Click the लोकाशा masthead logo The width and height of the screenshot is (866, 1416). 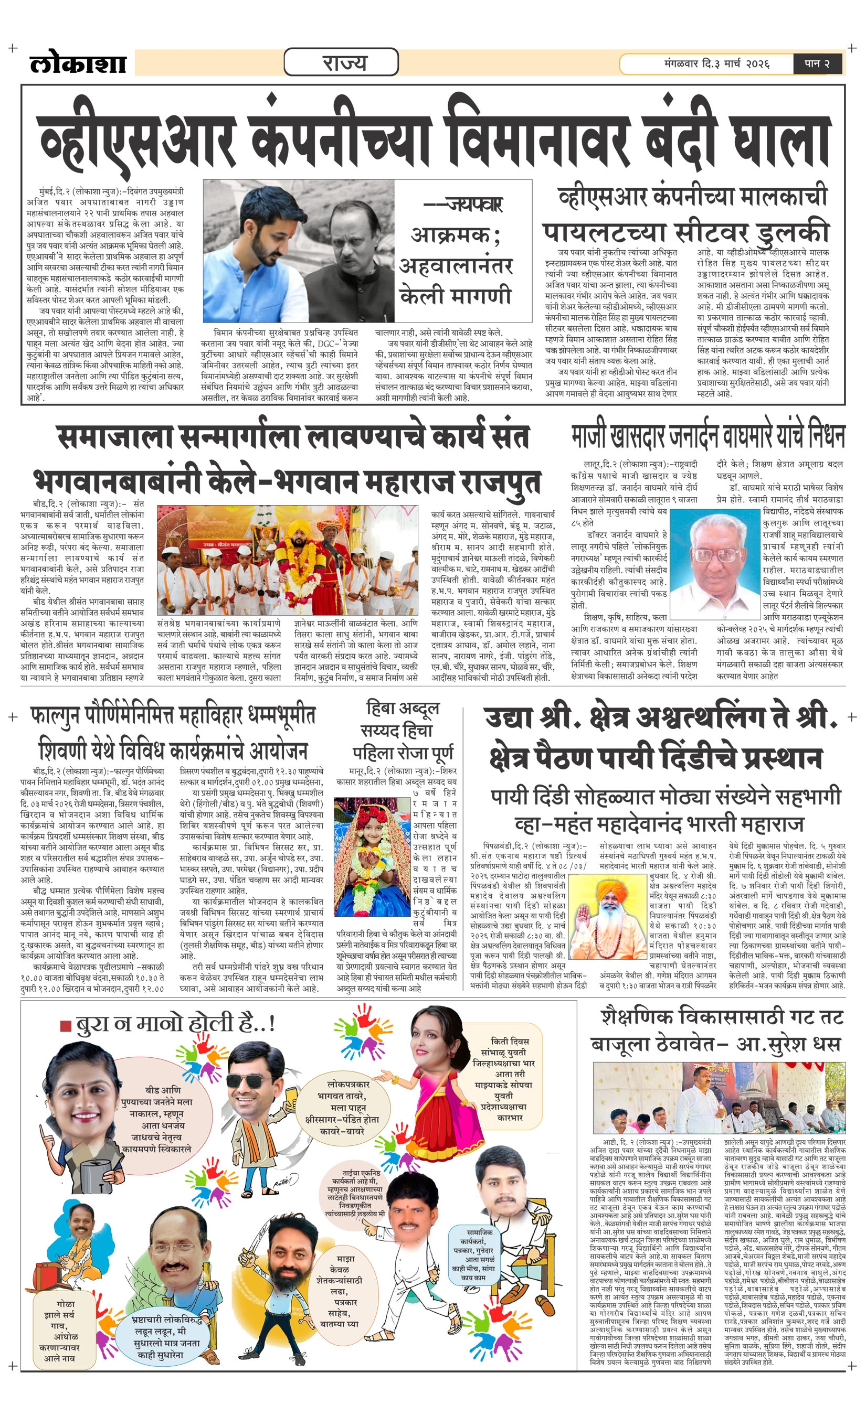pyautogui.click(x=78, y=63)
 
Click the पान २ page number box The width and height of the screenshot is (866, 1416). pyautogui.click(x=817, y=63)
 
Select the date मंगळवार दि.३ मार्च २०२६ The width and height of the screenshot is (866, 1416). pyautogui.click(x=716, y=63)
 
